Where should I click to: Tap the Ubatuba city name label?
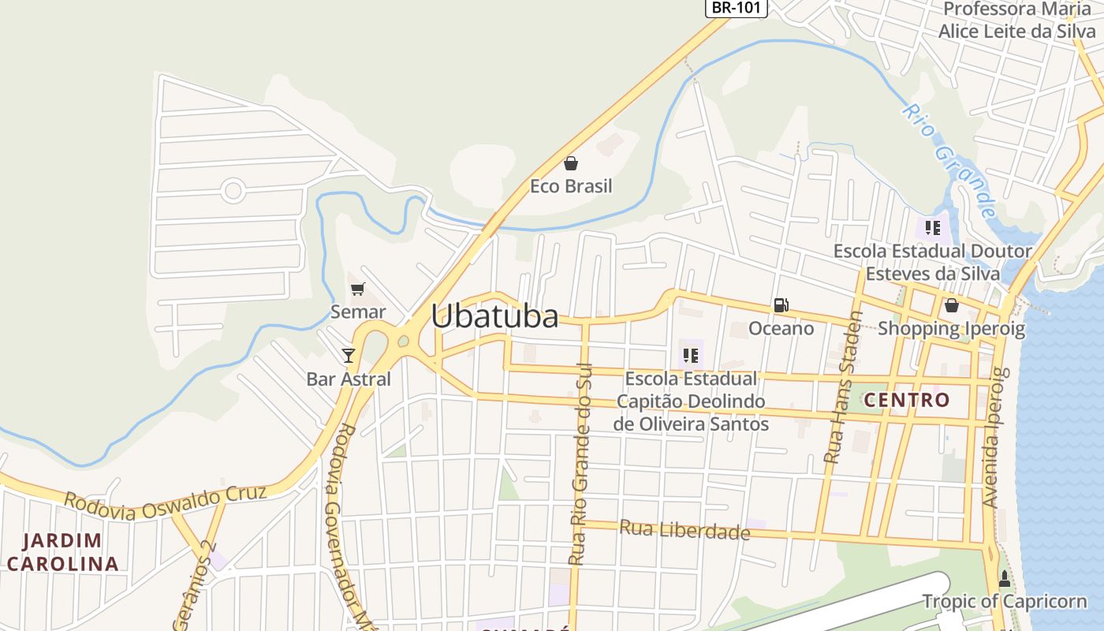494,316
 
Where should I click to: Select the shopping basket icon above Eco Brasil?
570,163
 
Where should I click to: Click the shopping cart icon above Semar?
358,289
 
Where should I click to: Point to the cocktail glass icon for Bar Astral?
349,355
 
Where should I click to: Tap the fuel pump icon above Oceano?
781,304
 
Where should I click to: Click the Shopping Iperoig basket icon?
952,305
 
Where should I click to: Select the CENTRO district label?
907,400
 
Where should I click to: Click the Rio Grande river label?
949,162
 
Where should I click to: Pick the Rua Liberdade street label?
684,530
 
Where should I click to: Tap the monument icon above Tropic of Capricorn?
1004,580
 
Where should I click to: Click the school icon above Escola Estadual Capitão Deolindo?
691,356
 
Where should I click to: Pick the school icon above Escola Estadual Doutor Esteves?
933,228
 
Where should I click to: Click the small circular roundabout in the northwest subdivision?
233,190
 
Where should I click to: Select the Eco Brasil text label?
570,187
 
